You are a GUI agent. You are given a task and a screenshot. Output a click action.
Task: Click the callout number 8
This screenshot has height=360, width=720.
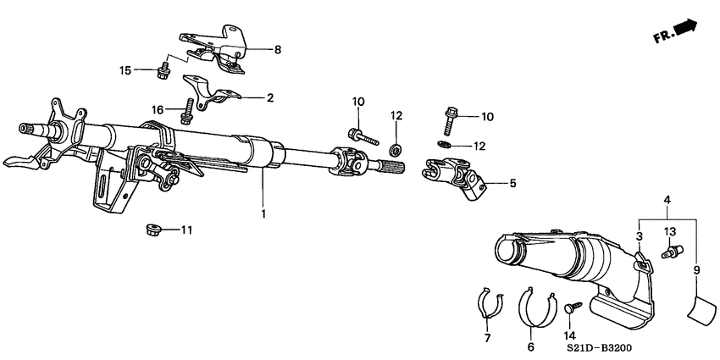(277, 50)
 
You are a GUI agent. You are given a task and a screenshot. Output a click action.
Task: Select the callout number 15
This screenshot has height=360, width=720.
(125, 69)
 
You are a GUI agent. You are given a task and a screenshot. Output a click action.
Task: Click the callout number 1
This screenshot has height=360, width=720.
(263, 213)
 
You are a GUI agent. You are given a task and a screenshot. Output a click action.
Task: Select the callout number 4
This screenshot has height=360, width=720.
(668, 199)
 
